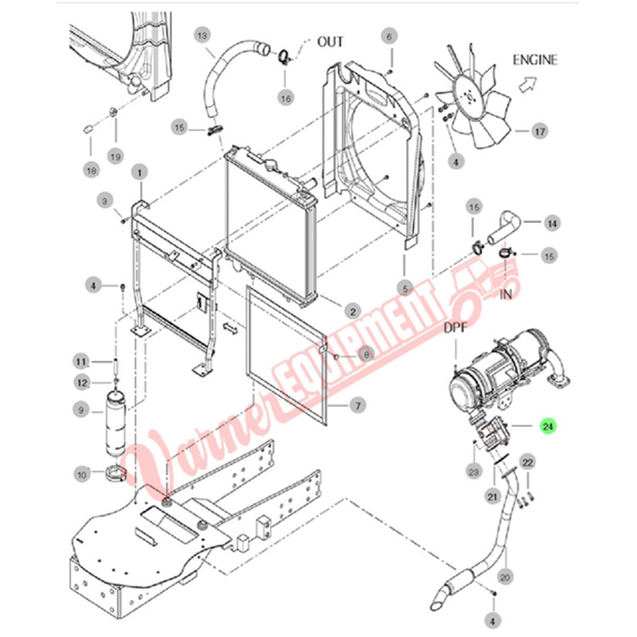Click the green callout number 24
(x=547, y=426)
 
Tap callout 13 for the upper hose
(x=202, y=36)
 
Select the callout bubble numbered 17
(x=540, y=131)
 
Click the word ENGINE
(x=534, y=60)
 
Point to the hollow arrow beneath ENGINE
(x=527, y=84)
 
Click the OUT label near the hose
(x=330, y=42)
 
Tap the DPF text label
(x=455, y=327)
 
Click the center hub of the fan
(x=471, y=97)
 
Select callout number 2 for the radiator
(x=353, y=312)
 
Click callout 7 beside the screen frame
(x=358, y=405)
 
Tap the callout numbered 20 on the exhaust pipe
(x=505, y=578)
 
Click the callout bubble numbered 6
(x=389, y=36)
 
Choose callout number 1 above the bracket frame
(x=139, y=173)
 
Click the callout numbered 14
(x=552, y=223)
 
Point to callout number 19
(x=115, y=157)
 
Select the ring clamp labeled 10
(x=116, y=473)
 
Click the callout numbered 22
(x=527, y=463)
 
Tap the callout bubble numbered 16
(x=286, y=98)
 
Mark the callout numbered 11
(x=81, y=361)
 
